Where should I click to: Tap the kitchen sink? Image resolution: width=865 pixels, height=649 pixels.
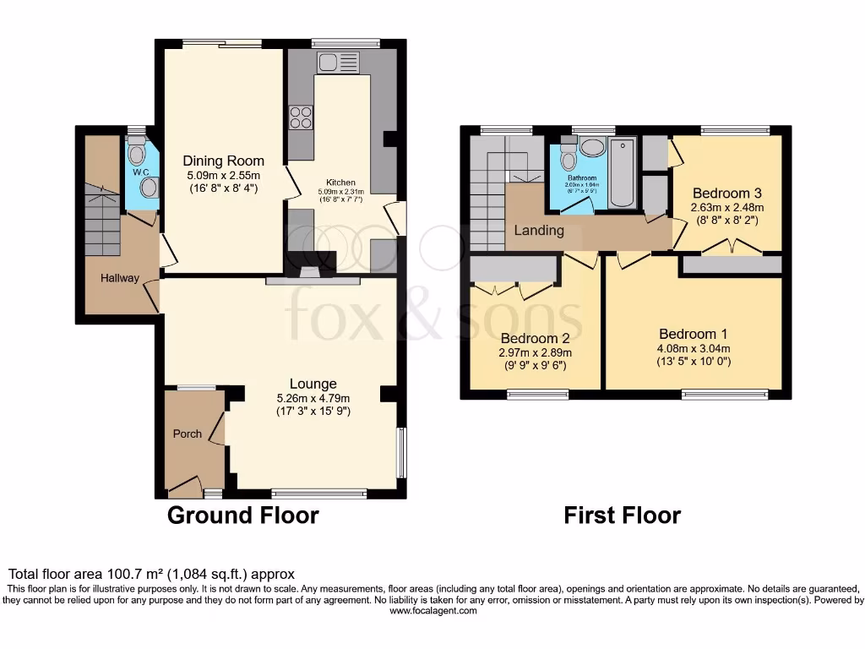[338, 62]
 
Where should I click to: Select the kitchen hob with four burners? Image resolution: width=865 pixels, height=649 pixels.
[300, 117]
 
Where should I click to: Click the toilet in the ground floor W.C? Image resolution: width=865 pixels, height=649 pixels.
[137, 153]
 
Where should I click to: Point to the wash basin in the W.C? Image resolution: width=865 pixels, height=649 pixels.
[150, 187]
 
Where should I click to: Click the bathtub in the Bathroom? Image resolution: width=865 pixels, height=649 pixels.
[623, 173]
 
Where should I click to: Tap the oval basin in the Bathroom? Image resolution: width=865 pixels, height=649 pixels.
[593, 148]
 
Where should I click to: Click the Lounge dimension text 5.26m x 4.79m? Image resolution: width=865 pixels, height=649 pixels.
[313, 398]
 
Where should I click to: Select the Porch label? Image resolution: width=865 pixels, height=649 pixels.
[188, 434]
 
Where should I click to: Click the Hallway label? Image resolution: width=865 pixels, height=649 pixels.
[120, 278]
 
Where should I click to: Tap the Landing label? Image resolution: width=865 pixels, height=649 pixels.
[540, 231]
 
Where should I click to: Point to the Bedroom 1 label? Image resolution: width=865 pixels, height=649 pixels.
[693, 334]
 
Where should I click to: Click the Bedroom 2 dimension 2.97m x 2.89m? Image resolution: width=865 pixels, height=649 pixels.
[535, 353]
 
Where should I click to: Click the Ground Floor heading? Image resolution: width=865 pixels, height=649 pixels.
[243, 515]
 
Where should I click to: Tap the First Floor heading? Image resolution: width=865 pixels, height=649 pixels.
[622, 515]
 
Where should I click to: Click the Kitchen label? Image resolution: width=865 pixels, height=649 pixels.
[341, 182]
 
